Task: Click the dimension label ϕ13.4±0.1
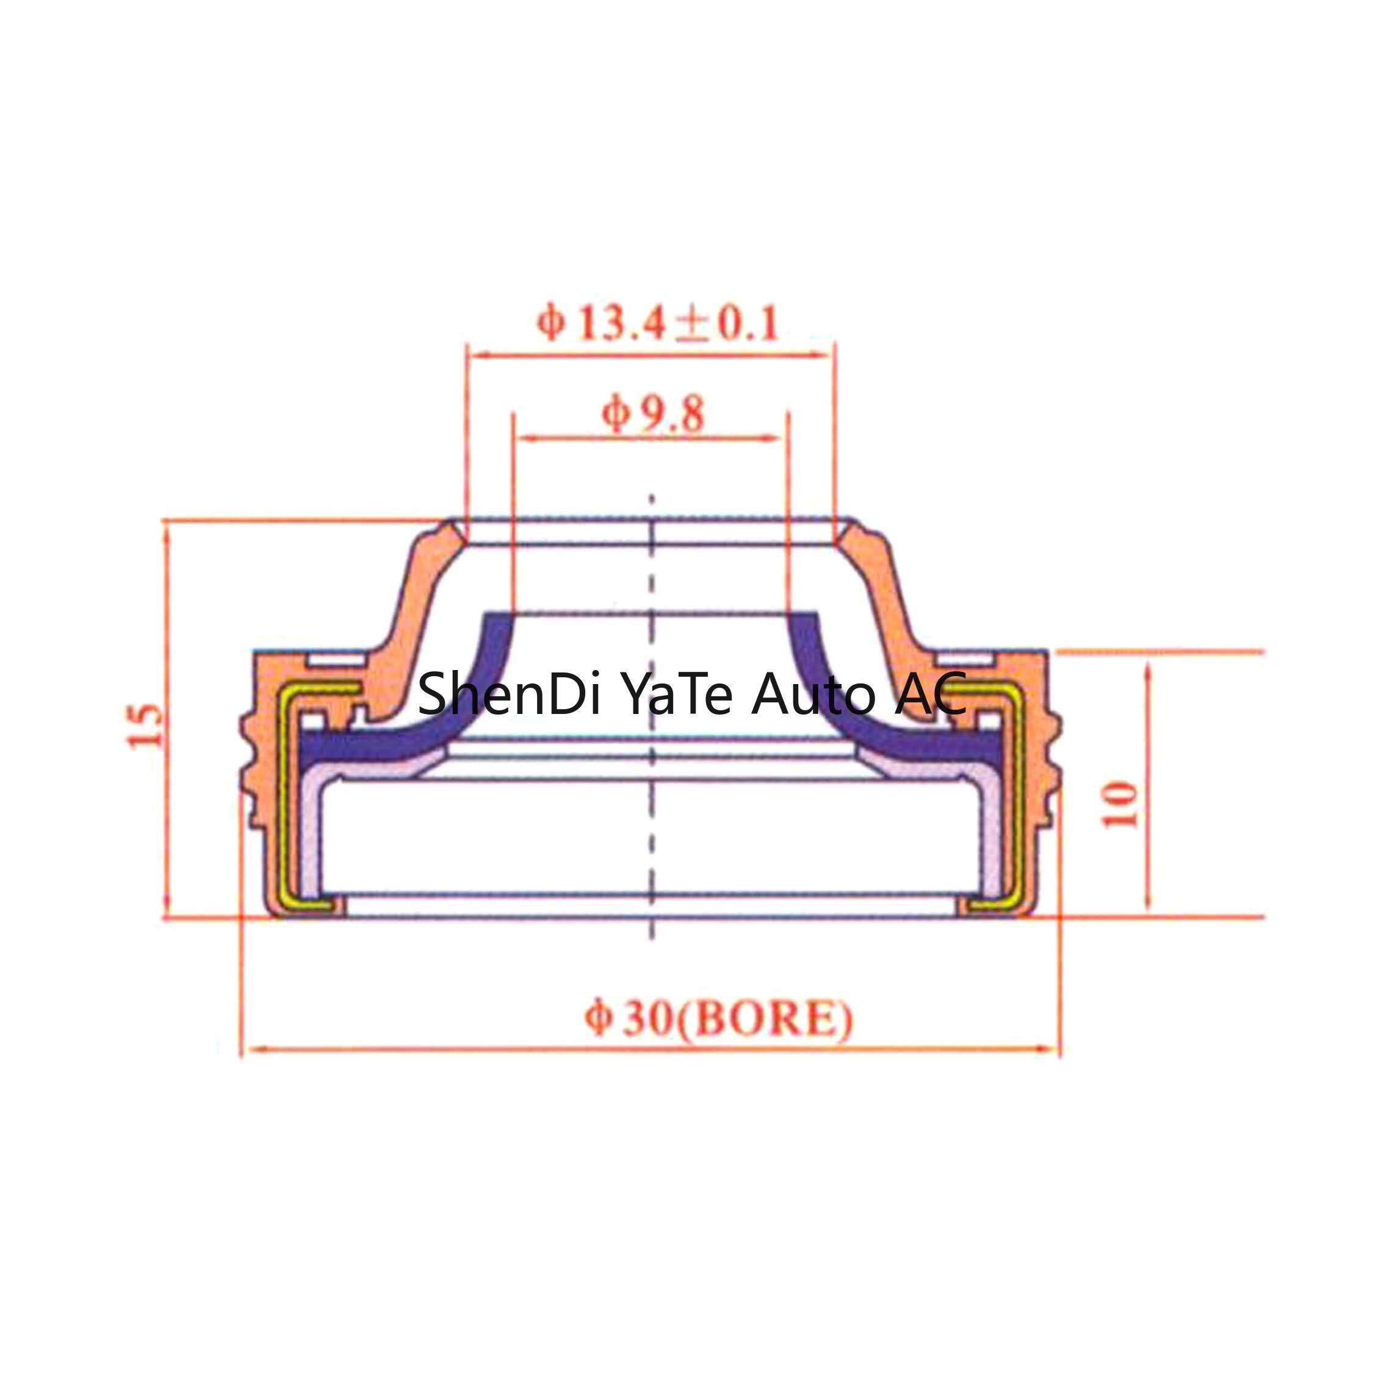click(658, 324)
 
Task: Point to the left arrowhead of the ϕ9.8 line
click(524, 438)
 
